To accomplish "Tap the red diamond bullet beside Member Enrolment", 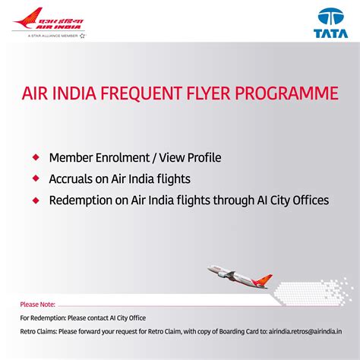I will tap(36, 157).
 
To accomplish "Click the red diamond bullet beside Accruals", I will tap(36, 179).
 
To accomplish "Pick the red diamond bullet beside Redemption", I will tap(36, 201).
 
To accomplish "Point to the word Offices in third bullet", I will tap(308, 201).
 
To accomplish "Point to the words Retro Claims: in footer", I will tap(38, 332).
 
